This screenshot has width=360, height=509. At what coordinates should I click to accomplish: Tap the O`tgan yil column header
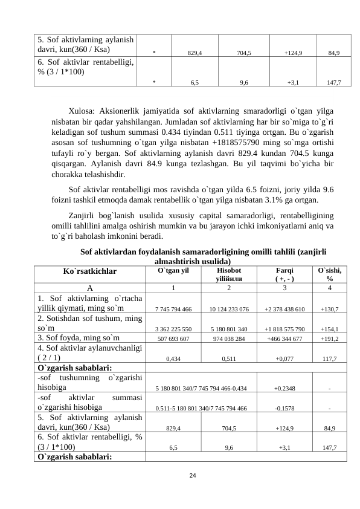(173, 271)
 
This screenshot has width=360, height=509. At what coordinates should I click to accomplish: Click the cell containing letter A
(90, 288)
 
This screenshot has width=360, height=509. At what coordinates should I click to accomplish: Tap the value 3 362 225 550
(173, 329)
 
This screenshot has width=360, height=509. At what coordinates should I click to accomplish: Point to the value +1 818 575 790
(284, 329)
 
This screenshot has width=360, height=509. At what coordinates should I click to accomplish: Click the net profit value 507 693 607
(173, 339)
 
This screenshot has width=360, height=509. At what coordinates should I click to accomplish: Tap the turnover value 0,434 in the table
(173, 358)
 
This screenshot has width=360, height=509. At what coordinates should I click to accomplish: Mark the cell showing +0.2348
(284, 389)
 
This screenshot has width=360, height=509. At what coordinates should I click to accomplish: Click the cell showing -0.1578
(284, 409)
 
